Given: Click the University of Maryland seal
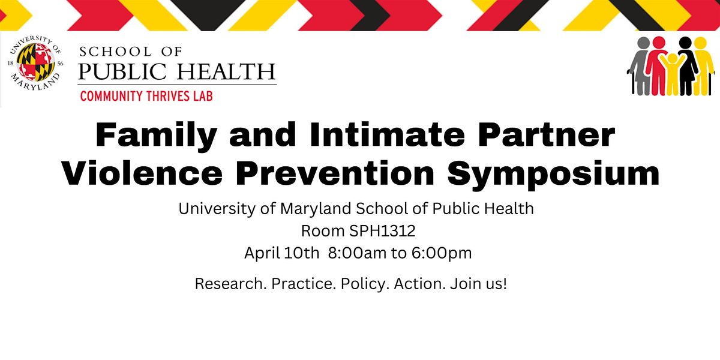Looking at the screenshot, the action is click(x=35, y=63).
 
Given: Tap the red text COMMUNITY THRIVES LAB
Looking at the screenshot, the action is click(x=146, y=97).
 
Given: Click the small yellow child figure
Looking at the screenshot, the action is click(x=672, y=74).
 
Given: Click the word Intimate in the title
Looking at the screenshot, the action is click(x=387, y=134).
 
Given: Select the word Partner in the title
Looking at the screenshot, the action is click(x=547, y=134).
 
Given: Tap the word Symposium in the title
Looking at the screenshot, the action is click(x=553, y=175).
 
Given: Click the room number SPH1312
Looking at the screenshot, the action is click(x=382, y=231).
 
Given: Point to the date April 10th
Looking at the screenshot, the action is click(x=281, y=253).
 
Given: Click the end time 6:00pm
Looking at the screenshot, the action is click(x=442, y=253).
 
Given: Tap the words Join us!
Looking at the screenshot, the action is click(x=479, y=284).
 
